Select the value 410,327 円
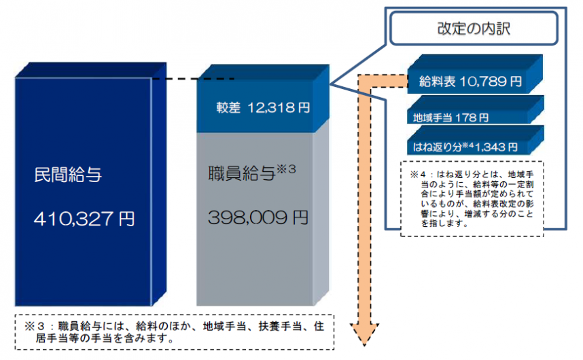tap(84, 219)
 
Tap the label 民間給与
tap(68, 173)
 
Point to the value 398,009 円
tap(258, 219)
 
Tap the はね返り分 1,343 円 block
tap(466, 145)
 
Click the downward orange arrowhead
tap(366, 333)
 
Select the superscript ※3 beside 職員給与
tap(287, 168)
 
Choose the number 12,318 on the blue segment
tap(273, 107)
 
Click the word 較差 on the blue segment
tap(229, 107)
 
